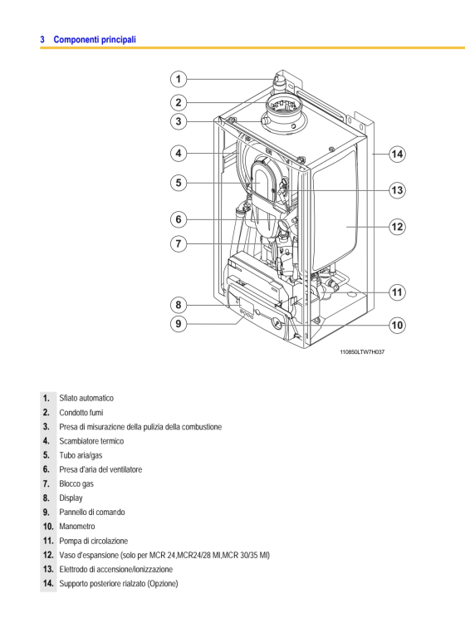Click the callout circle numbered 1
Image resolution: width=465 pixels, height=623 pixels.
(179, 79)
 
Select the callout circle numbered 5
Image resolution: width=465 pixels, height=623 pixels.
(179, 183)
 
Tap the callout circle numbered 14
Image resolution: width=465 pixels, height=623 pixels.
(397, 154)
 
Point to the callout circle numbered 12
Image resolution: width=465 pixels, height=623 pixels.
(397, 227)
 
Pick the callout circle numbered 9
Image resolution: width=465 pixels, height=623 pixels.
(179, 324)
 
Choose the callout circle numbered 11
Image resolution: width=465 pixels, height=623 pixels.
(397, 292)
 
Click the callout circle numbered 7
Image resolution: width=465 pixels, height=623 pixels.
(179, 243)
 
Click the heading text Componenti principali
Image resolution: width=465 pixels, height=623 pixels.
(95, 39)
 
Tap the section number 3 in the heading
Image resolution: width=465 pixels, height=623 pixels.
(42, 39)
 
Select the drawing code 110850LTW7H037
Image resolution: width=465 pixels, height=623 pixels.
(362, 351)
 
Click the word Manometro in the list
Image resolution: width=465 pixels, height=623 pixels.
(77, 526)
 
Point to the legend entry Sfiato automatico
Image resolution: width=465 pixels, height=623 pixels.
(86, 398)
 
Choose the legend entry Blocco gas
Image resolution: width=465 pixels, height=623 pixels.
(76, 483)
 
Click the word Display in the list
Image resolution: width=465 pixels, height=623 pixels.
(71, 498)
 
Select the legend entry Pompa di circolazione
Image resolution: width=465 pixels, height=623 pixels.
(93, 541)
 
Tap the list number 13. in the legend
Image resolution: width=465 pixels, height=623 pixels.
(48, 569)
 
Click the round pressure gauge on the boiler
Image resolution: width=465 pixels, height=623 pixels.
(277, 324)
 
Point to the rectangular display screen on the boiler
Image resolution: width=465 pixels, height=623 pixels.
(247, 306)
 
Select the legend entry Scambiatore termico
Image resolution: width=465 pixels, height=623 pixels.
(91, 441)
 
